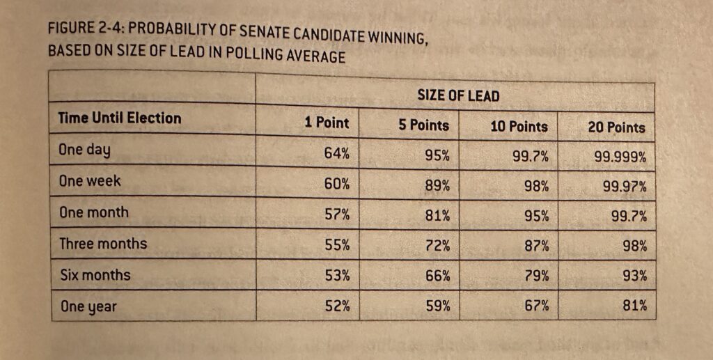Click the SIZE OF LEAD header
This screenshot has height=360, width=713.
coord(458,96)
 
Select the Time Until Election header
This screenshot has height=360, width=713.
coord(120,118)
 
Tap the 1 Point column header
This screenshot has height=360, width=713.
coord(327,123)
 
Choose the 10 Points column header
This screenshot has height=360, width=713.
coord(519,127)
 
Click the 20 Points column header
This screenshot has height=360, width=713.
coord(617,128)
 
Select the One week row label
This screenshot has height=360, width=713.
coord(90,181)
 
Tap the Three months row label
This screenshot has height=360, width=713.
coord(103,244)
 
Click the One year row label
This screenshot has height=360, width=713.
coord(88,306)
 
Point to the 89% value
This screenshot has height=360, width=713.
coord(437,186)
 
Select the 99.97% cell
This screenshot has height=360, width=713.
coord(625,187)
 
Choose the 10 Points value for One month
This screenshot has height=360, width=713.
coord(536,217)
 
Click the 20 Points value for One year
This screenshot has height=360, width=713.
coord(635,305)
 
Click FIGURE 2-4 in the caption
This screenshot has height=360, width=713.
coord(77,29)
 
